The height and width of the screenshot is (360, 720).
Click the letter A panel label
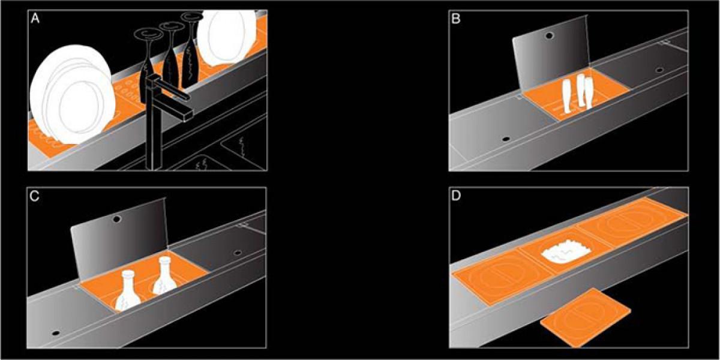pos(35,19)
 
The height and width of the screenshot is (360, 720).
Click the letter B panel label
pos(456,19)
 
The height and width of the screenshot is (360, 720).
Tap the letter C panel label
pos(34,196)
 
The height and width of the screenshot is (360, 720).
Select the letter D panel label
pos(456,196)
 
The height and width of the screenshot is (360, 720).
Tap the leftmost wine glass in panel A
pos(148,64)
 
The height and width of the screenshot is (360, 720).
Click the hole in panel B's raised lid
pos(550,35)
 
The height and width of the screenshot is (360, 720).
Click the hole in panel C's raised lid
pos(116,219)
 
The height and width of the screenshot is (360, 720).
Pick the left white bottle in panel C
pos(128,291)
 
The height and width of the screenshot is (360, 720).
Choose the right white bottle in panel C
pos(164,276)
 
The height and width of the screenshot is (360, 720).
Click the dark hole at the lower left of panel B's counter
pos(506,139)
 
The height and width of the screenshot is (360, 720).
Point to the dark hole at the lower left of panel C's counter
pos(56,333)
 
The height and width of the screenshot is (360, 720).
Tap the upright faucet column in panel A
pos(154,128)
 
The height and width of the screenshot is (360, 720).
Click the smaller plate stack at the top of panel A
pos(227,37)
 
